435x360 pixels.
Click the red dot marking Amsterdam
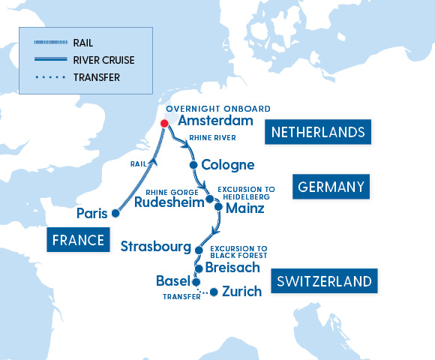164,124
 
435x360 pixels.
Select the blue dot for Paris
115,213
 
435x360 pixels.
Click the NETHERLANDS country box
318,133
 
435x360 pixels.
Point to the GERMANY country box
331,187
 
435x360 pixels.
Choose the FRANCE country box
77,241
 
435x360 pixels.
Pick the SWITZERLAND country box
324,282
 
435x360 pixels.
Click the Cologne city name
228,165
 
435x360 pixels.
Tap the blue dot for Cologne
193,165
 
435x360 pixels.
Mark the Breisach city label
232,268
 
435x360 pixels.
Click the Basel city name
172,281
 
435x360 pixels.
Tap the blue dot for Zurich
214,292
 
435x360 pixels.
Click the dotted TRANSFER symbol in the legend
49,77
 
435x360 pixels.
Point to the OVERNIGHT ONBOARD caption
218,109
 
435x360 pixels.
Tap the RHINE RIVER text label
212,138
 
